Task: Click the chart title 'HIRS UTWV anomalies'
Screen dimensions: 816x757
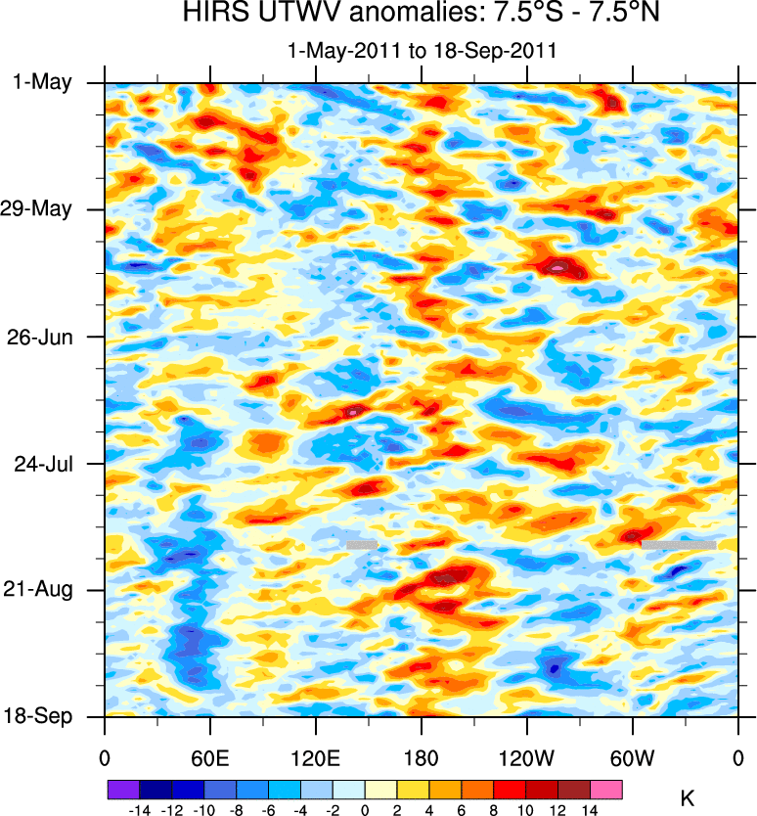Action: pos(421,15)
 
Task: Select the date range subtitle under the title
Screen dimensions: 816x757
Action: pos(421,51)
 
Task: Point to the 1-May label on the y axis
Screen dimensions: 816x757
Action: pos(43,82)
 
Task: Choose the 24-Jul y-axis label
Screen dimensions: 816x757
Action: pos(43,463)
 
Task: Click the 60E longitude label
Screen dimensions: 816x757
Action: pos(210,756)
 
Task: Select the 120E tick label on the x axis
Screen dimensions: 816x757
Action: pos(316,756)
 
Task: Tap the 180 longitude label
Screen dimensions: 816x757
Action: pos(422,756)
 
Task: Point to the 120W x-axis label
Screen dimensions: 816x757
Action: pos(527,756)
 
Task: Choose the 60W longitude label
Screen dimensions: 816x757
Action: pos(633,756)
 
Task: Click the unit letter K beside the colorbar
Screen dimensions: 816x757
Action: pos(687,799)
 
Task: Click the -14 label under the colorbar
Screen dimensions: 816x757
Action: pos(139,809)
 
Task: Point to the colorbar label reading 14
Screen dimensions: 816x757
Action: pos(590,809)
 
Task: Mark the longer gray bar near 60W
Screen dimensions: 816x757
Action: pos(679,544)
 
